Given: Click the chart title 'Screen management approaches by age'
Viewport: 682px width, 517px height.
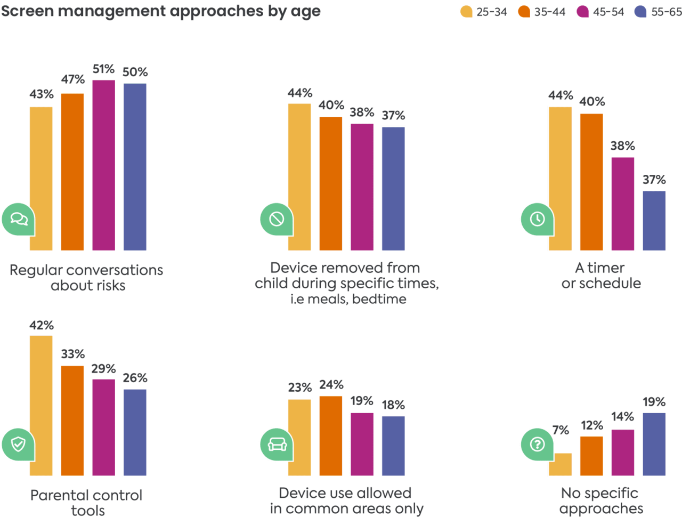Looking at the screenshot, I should click(160, 11).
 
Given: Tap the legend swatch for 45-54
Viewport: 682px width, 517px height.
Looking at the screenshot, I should click(583, 12).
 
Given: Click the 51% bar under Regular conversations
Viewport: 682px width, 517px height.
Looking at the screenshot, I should click(104, 165).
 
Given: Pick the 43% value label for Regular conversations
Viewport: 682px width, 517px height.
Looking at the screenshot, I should click(41, 94).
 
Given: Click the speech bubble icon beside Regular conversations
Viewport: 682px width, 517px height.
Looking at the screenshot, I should click(19, 219).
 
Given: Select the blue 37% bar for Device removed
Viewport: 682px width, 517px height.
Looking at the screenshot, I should click(393, 189).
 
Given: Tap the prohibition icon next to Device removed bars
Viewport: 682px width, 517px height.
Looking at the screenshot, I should click(277, 219).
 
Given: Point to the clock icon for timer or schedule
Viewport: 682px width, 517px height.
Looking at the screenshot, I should click(537, 219).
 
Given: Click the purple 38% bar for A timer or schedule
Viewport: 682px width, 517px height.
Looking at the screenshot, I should click(623, 204).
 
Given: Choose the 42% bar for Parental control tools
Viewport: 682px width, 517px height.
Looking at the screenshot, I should click(41, 406).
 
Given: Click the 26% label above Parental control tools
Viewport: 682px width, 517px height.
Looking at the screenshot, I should click(135, 378).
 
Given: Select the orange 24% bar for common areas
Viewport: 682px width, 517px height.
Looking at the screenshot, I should click(331, 436).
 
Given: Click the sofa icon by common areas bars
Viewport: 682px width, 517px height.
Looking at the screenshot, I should click(277, 443).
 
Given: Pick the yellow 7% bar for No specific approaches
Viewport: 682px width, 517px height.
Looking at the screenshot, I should click(561, 465).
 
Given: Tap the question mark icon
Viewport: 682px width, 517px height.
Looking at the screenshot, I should click(537, 443).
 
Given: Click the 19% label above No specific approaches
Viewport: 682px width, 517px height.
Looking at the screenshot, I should click(654, 402).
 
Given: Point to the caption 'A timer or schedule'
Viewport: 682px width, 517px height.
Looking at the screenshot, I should click(600, 275).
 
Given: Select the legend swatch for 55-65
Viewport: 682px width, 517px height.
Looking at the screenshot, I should click(641, 12).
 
